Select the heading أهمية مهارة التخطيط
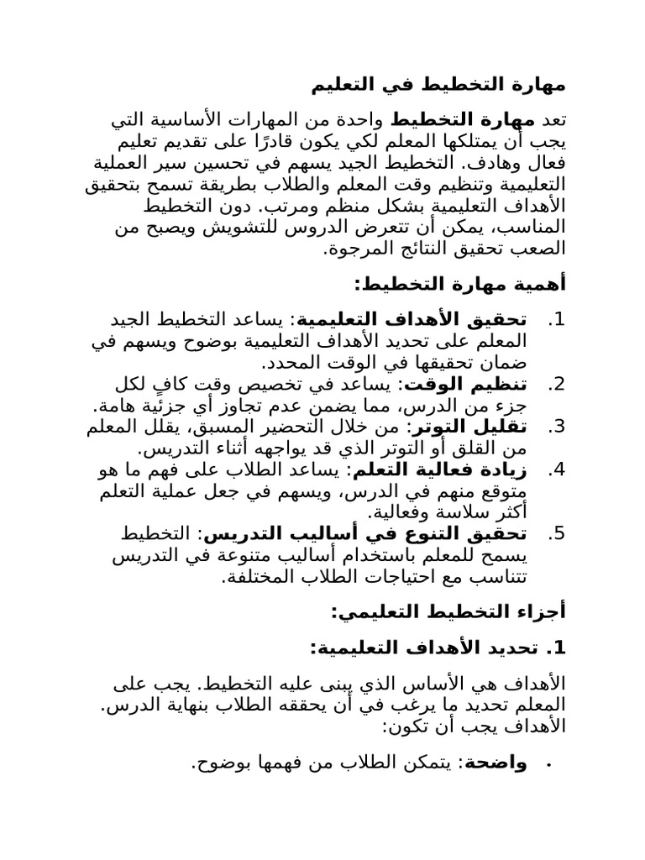(x=460, y=285)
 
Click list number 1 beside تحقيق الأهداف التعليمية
(x=556, y=321)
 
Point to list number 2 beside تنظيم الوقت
(x=556, y=385)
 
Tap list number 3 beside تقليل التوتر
(x=556, y=427)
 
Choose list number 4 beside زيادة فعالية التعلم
(x=556, y=469)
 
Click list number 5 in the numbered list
(x=556, y=534)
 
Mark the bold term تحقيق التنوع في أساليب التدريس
(x=420, y=534)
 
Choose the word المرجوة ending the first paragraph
(x=359, y=249)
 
